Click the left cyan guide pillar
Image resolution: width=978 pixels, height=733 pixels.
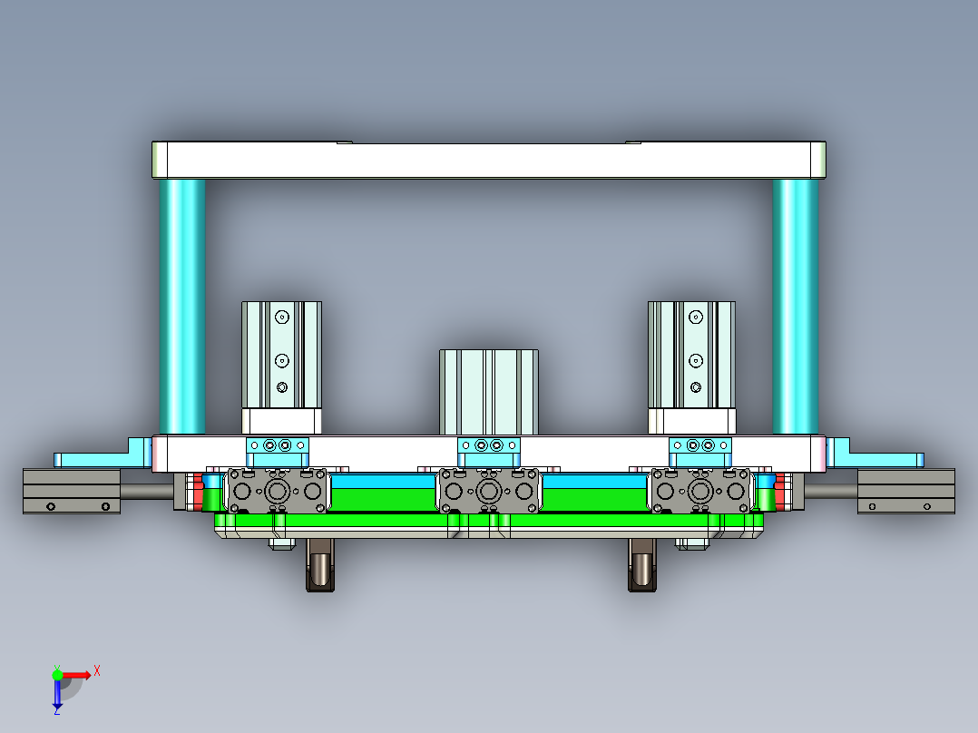pos(181,306)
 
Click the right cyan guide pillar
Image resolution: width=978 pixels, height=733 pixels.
pos(795,306)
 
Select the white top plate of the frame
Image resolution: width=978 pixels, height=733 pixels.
pos(488,161)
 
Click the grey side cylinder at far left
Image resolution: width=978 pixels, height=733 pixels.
pos(72,492)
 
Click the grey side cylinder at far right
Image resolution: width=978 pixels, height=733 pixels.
pos(906,492)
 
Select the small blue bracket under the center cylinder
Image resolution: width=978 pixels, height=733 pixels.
pos(489,446)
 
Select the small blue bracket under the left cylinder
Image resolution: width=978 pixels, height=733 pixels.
pos(278,445)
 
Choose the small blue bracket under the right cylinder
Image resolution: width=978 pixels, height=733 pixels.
pos(699,445)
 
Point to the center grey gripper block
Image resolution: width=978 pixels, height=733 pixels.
pos(490,492)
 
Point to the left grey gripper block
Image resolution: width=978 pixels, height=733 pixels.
pos(277,492)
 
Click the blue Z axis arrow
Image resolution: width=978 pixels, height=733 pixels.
pos(57,695)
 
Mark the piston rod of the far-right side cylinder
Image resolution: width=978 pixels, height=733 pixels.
pos(828,491)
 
